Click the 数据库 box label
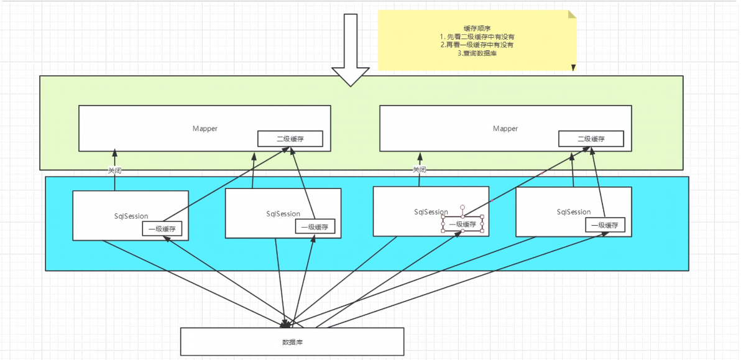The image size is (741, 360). click(x=292, y=342)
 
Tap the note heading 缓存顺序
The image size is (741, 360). click(x=477, y=28)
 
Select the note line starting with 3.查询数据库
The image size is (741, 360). click(x=477, y=53)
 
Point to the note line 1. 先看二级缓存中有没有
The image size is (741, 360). click(x=477, y=37)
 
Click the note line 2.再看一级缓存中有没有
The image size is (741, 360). click(x=477, y=45)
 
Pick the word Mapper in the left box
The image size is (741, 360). click(x=205, y=129)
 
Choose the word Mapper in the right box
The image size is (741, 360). click(x=505, y=129)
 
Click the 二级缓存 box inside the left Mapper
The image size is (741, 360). click(x=290, y=139)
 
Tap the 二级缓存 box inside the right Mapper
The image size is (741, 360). click(x=591, y=139)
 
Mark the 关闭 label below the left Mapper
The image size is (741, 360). click(x=114, y=170)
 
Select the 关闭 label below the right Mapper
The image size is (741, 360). click(x=420, y=170)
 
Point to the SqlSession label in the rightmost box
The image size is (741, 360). click(x=574, y=212)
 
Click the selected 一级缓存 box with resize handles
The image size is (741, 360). click(x=463, y=224)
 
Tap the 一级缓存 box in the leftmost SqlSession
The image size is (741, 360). click(x=162, y=229)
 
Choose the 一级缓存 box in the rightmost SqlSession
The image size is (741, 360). click(x=605, y=226)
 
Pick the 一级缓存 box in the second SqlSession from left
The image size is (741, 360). click(x=315, y=227)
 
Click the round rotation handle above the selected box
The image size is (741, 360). click(x=463, y=207)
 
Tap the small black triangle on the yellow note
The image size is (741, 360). click(x=574, y=68)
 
